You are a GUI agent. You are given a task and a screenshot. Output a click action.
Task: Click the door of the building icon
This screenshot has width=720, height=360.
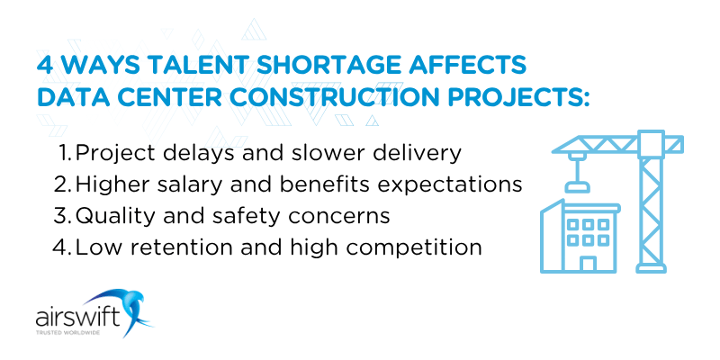pos(588,263)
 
